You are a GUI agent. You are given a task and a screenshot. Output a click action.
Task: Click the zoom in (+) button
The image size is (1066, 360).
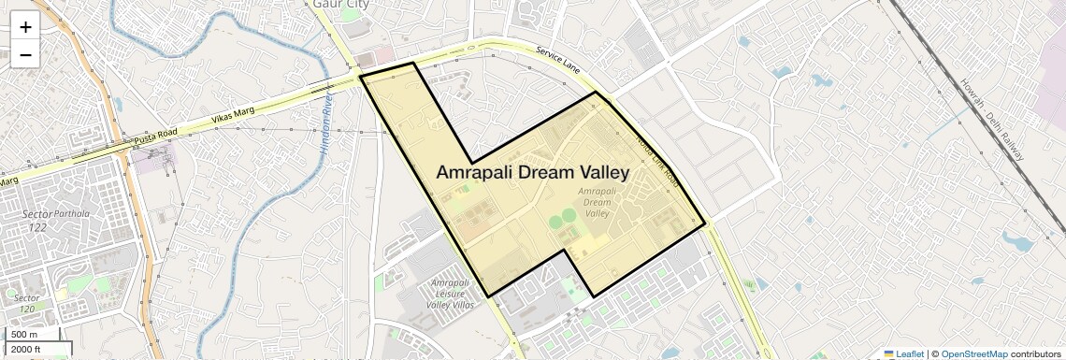click(x=25, y=27)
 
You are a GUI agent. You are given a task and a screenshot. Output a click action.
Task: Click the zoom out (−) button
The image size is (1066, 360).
click(x=25, y=54)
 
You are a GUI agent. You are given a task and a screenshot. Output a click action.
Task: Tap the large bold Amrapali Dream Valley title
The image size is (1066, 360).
click(x=532, y=173)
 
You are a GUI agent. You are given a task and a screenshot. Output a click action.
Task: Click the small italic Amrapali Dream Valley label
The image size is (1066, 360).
click(x=597, y=201)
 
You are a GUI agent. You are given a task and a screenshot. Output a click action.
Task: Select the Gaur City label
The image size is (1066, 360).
click(x=340, y=5)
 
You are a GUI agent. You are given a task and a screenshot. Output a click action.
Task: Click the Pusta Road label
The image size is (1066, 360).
click(x=154, y=135)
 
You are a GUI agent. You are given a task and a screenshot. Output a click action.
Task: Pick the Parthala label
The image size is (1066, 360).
click(x=75, y=213)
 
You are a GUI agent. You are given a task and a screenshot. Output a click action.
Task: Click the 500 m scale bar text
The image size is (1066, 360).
click(x=25, y=335)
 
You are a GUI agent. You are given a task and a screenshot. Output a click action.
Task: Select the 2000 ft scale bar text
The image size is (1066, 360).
click(x=28, y=350)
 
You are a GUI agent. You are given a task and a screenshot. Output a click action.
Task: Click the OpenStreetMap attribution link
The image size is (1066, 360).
click(x=973, y=353)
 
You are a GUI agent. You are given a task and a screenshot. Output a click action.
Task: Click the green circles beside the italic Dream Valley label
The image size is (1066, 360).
click(x=562, y=223)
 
